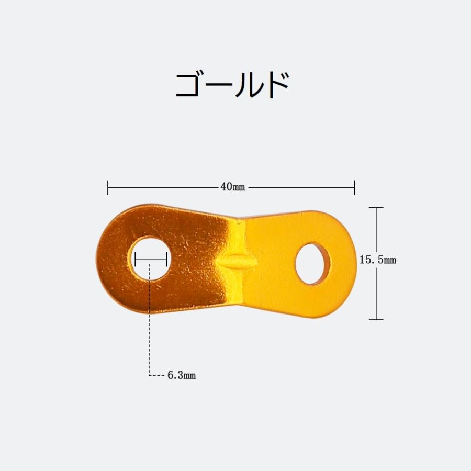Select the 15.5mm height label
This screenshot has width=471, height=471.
click(377, 259)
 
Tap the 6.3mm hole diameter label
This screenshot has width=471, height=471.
click(181, 375)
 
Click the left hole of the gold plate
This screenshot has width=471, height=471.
click(150, 259)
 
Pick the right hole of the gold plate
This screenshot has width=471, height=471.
click(312, 263)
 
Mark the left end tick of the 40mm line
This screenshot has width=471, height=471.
click(108, 187)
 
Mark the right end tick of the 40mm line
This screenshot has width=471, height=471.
click(355, 187)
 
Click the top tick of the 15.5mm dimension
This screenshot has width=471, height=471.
click(376, 208)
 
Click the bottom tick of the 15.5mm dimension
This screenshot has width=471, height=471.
click(376, 319)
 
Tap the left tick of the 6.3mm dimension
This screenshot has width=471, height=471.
click(135, 259)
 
